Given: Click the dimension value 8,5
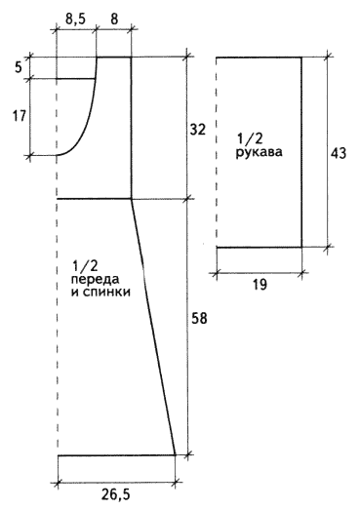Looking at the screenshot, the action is click(x=75, y=20).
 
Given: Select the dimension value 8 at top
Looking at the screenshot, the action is click(x=114, y=20).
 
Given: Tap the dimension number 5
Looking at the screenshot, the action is click(x=19, y=67).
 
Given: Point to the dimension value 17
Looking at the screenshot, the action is click(x=19, y=116).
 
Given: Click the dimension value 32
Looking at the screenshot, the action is click(x=198, y=130).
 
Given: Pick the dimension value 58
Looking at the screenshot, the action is click(x=199, y=319).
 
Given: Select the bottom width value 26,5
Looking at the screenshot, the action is click(x=115, y=494).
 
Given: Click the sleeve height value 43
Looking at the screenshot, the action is click(x=339, y=153).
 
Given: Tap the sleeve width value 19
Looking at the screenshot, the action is click(x=260, y=285).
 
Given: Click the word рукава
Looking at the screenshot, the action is click(x=259, y=152).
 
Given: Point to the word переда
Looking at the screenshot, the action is click(x=95, y=280).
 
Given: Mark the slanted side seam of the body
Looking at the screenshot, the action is click(x=153, y=327).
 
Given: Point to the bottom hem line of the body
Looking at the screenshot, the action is click(x=116, y=455).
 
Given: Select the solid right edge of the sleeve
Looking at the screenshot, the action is click(x=301, y=152).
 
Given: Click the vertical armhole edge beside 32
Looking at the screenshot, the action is click(x=131, y=128).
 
